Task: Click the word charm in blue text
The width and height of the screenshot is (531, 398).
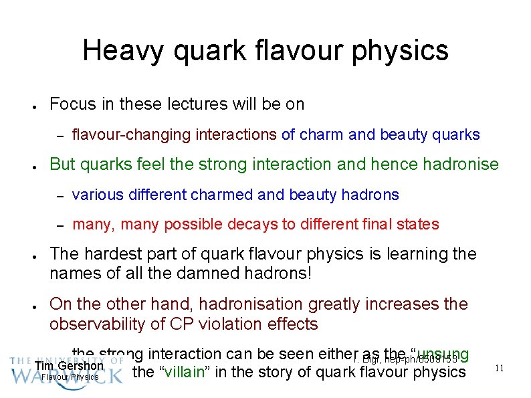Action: click(322, 135)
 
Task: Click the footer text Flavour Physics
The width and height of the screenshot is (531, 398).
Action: click(70, 377)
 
